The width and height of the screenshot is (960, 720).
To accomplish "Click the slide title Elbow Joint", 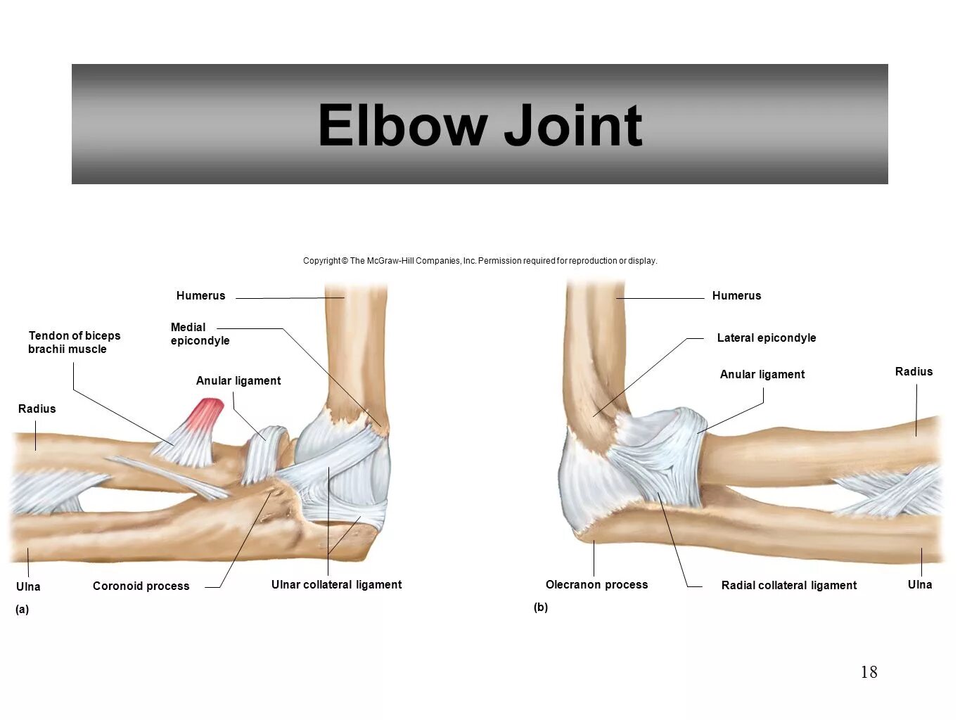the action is pos(480,125).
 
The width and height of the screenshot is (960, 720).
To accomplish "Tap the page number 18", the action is pos(869,672).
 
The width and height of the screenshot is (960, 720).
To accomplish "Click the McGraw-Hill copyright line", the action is pos(480,261).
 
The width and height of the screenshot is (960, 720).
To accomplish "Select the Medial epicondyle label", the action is pos(200,334).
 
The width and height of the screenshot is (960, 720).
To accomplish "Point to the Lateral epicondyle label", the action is pos(766,338).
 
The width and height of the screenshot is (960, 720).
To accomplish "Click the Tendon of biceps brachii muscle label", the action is pos(74,342).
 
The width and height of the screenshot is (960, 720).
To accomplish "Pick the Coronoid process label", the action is pos(141,586).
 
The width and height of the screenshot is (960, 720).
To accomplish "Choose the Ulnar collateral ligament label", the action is pos(336,585).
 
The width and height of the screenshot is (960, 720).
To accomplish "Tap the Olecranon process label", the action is pos(596,585).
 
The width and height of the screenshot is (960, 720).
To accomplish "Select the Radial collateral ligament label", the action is pos(788,586).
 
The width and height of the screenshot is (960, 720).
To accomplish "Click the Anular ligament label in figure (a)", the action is pos(238,381).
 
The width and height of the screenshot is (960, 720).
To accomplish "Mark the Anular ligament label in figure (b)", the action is pos(762,375).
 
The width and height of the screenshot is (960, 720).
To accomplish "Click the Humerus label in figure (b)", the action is pos(736,296).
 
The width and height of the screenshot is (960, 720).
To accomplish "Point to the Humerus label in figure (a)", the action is pos(200,296).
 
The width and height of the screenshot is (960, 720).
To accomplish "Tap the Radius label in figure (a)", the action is pos(37,409).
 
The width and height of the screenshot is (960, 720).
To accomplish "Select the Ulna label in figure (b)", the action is pos(919,585).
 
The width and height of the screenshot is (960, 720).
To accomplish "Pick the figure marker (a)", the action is pos(23,610).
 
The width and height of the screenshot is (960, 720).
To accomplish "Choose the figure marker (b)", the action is pos(540,607).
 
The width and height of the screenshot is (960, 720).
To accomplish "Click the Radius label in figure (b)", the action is pos(914,372).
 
